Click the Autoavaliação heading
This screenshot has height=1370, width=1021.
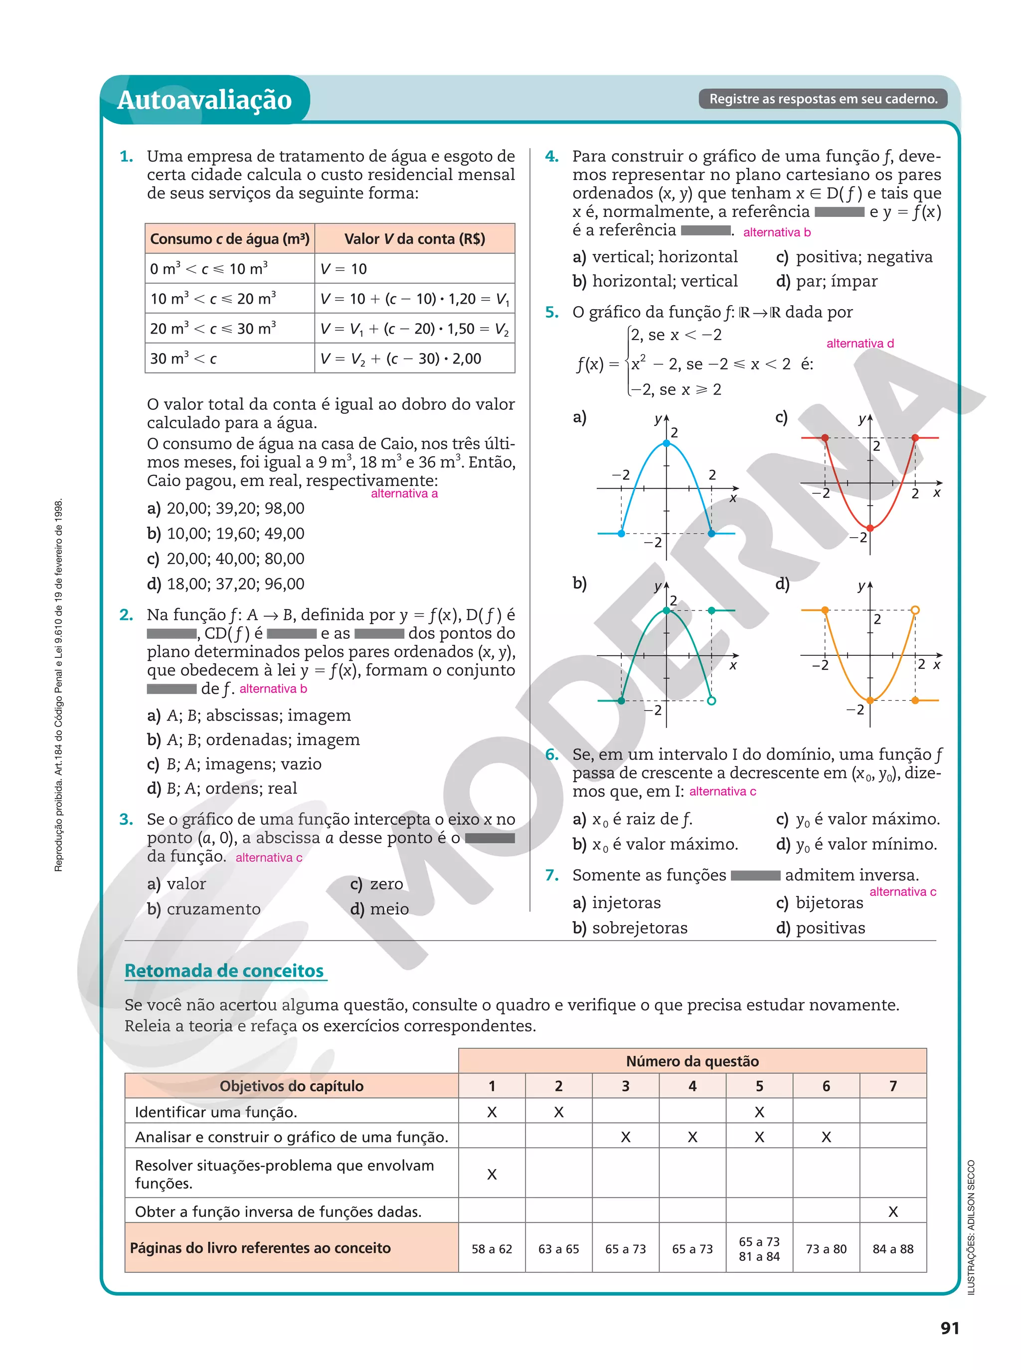coord(204,100)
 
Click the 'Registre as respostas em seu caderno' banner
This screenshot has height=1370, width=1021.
coord(823,99)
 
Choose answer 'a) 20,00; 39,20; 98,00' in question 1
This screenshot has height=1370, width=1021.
coord(225,509)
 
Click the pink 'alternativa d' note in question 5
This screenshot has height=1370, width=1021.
coord(859,343)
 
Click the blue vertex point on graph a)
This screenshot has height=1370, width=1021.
coord(666,443)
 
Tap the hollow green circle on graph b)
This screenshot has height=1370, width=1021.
coord(711,700)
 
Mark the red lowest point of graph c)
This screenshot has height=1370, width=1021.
coord(869,528)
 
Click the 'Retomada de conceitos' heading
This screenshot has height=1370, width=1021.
coord(224,971)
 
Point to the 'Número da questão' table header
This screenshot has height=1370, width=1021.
coord(692,1061)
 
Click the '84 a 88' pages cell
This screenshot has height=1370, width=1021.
coord(892,1249)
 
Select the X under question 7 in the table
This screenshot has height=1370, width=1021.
coord(892,1212)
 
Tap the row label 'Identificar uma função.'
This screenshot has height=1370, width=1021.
coord(216,1112)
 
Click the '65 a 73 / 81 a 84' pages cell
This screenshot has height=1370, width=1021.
coord(759,1249)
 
